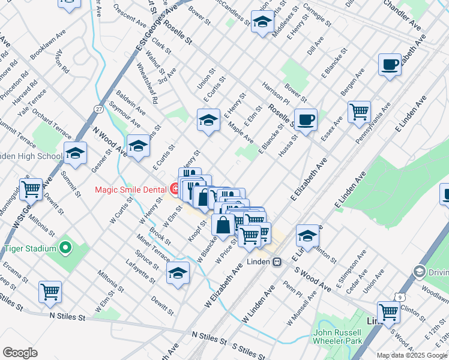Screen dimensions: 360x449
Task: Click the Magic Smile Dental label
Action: click(x=131, y=190)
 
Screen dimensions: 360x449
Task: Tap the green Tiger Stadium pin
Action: click(x=66, y=248)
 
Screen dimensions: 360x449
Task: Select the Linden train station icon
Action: click(x=277, y=262)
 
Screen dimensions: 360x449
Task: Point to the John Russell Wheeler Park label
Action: click(x=337, y=338)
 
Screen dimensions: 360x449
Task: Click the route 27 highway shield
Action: click(x=98, y=109)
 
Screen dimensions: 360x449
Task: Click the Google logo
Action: click(x=20, y=352)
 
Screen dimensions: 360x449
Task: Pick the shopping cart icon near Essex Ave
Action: click(x=358, y=111)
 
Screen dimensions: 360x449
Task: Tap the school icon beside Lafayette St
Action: click(x=178, y=273)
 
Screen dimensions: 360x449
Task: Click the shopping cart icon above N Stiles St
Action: click(x=50, y=292)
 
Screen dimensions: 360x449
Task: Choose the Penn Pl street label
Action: click(x=294, y=290)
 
